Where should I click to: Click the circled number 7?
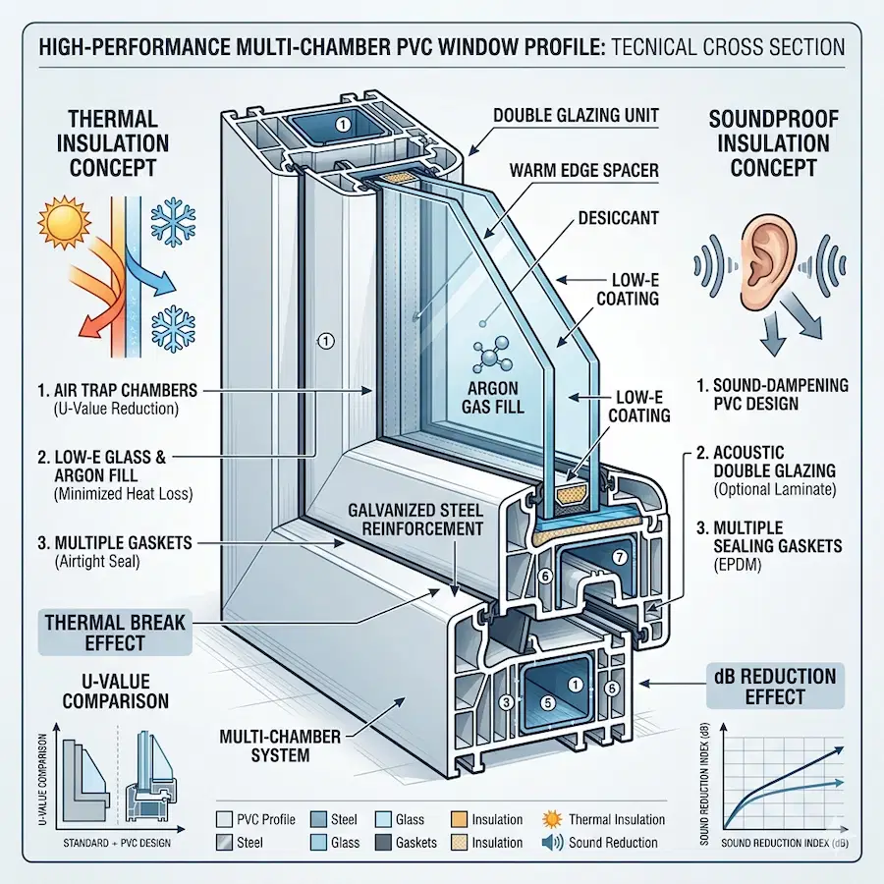pos(619,557)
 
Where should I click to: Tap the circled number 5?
pos(549,702)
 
